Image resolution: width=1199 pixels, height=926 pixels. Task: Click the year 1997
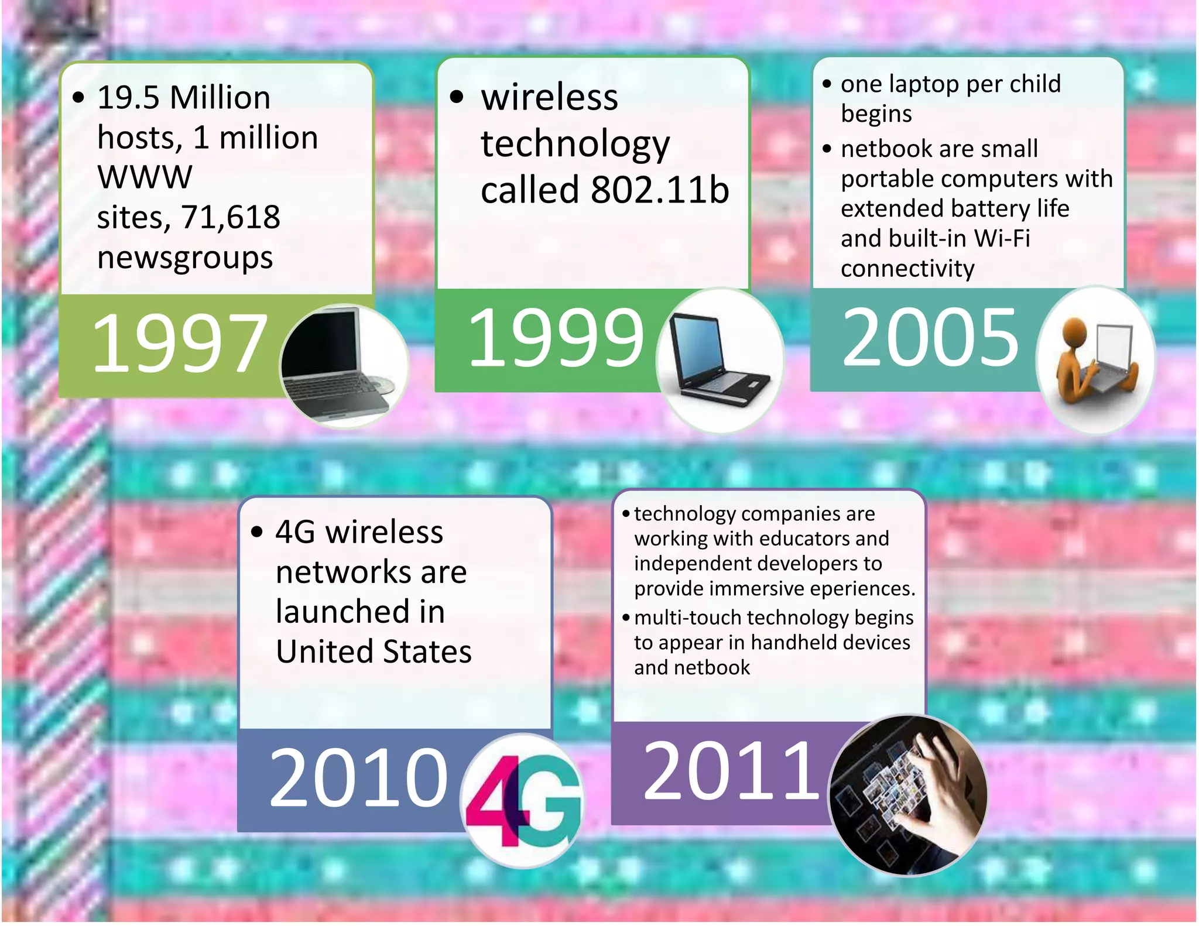tap(179, 343)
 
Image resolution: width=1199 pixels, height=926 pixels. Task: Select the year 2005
tap(930, 338)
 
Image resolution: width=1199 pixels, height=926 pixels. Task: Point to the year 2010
tap(358, 777)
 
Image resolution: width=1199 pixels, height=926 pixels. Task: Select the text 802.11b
tap(660, 190)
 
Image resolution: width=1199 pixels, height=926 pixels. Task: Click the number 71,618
tap(231, 217)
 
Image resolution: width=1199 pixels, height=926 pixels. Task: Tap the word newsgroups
tap(185, 258)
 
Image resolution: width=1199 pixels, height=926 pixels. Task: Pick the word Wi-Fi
tap(1002, 238)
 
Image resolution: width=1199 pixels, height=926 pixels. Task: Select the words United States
tap(374, 651)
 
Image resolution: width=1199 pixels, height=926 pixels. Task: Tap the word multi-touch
tap(686, 618)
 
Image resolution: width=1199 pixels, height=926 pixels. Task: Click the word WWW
tap(145, 177)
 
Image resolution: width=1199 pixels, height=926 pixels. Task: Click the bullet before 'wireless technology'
tap(457, 97)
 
